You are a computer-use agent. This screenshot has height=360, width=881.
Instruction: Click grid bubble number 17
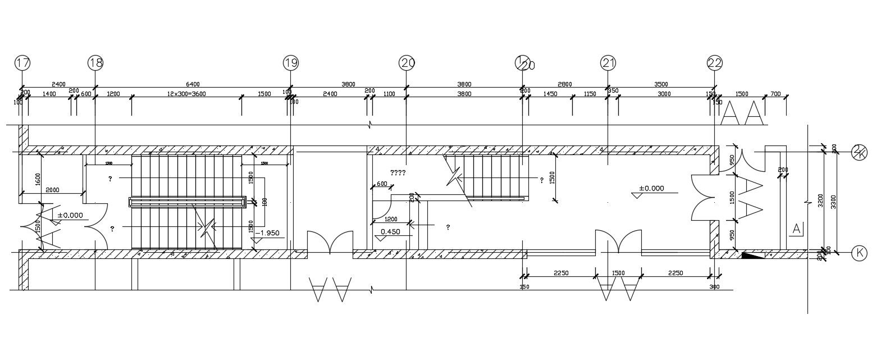(23, 63)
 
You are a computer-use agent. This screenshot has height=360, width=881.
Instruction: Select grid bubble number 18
(95, 63)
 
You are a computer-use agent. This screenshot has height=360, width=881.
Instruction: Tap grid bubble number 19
(290, 63)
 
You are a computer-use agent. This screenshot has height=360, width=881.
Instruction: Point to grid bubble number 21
(608, 63)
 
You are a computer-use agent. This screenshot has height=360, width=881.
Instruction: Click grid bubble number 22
(715, 63)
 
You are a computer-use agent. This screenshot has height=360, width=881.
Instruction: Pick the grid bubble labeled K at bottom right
(859, 253)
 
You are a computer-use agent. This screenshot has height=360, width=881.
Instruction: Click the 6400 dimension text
(193, 84)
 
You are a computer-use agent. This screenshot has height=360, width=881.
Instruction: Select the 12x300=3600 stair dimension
(186, 94)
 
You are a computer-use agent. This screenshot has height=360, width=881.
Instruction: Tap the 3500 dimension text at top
(661, 84)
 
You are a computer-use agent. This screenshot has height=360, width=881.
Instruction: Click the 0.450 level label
(390, 231)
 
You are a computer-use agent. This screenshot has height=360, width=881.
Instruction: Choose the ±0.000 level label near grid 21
(651, 188)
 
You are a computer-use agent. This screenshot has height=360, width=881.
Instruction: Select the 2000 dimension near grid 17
(53, 190)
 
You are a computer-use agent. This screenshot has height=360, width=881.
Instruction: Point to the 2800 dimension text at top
(565, 84)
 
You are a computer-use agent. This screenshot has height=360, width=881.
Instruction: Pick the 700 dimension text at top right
(775, 94)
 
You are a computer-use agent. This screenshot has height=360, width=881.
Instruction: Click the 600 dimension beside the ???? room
(382, 184)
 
